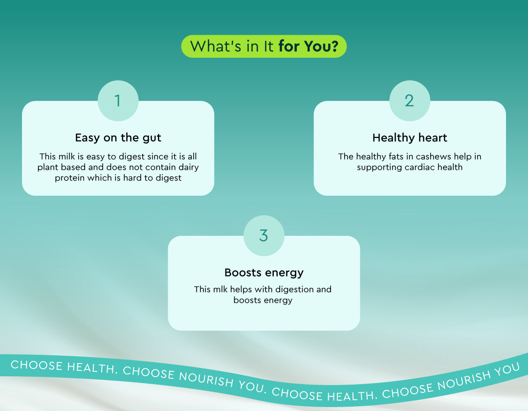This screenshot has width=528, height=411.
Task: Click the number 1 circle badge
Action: tap(118, 101)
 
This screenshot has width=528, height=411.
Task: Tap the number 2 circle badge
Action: tap(410, 101)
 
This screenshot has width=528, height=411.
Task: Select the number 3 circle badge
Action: tap(264, 235)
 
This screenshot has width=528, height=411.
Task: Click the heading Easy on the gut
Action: tap(118, 138)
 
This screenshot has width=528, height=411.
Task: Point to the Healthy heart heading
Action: tap(410, 138)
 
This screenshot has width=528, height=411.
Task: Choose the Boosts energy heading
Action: tap(264, 273)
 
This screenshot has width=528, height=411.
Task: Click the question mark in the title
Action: tap(334, 46)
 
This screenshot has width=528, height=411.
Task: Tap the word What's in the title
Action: tap(216, 46)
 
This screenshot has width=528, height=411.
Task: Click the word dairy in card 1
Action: tap(189, 167)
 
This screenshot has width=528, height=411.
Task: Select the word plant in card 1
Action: tap(47, 167)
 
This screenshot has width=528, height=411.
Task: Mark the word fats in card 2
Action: tap(396, 156)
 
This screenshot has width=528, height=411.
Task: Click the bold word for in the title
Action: tap(289, 46)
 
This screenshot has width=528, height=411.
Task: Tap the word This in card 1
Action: tap(48, 156)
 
